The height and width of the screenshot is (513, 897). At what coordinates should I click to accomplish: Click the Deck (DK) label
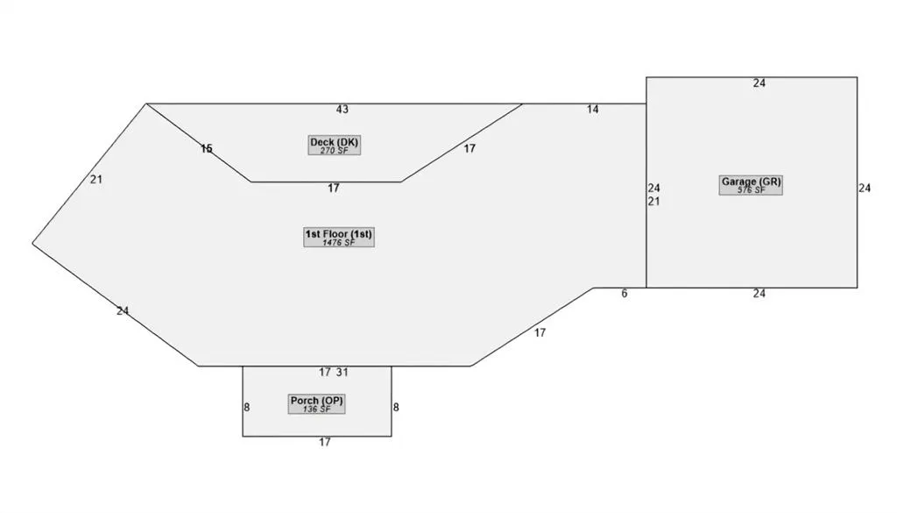pyautogui.click(x=334, y=142)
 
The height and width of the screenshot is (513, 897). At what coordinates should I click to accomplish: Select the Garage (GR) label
pyautogui.click(x=751, y=182)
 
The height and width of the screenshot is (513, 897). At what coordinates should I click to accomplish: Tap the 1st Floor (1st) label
pyautogui.click(x=339, y=233)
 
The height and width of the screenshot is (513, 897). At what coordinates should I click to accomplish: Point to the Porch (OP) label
pyautogui.click(x=316, y=400)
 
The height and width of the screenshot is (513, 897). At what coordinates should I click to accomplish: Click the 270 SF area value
pyautogui.click(x=334, y=151)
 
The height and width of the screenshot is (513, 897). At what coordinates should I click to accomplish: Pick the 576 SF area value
pyautogui.click(x=751, y=190)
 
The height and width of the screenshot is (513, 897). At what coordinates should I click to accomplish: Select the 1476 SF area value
pyautogui.click(x=339, y=243)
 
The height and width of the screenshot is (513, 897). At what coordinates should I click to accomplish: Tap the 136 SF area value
pyautogui.click(x=316, y=410)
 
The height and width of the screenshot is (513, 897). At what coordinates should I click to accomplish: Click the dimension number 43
pyautogui.click(x=343, y=110)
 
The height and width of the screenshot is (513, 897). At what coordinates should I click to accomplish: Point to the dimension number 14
pyautogui.click(x=593, y=110)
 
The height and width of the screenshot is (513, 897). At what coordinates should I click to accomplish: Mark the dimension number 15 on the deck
pyautogui.click(x=207, y=149)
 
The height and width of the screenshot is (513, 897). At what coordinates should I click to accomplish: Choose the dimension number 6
pyautogui.click(x=624, y=293)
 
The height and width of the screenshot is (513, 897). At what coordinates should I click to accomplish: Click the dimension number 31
pyautogui.click(x=343, y=372)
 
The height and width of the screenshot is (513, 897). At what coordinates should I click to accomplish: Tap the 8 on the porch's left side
pyautogui.click(x=246, y=407)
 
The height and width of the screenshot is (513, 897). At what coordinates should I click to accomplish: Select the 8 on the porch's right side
pyautogui.click(x=396, y=407)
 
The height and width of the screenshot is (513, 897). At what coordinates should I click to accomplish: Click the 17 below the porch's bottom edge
pyautogui.click(x=325, y=442)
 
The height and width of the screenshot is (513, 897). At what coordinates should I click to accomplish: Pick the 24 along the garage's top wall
pyautogui.click(x=759, y=83)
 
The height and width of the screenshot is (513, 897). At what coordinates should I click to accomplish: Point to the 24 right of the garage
pyautogui.click(x=865, y=188)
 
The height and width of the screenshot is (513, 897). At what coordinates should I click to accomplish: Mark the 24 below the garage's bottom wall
pyautogui.click(x=759, y=293)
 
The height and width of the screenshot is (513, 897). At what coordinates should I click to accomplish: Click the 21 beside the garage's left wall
pyautogui.click(x=653, y=201)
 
